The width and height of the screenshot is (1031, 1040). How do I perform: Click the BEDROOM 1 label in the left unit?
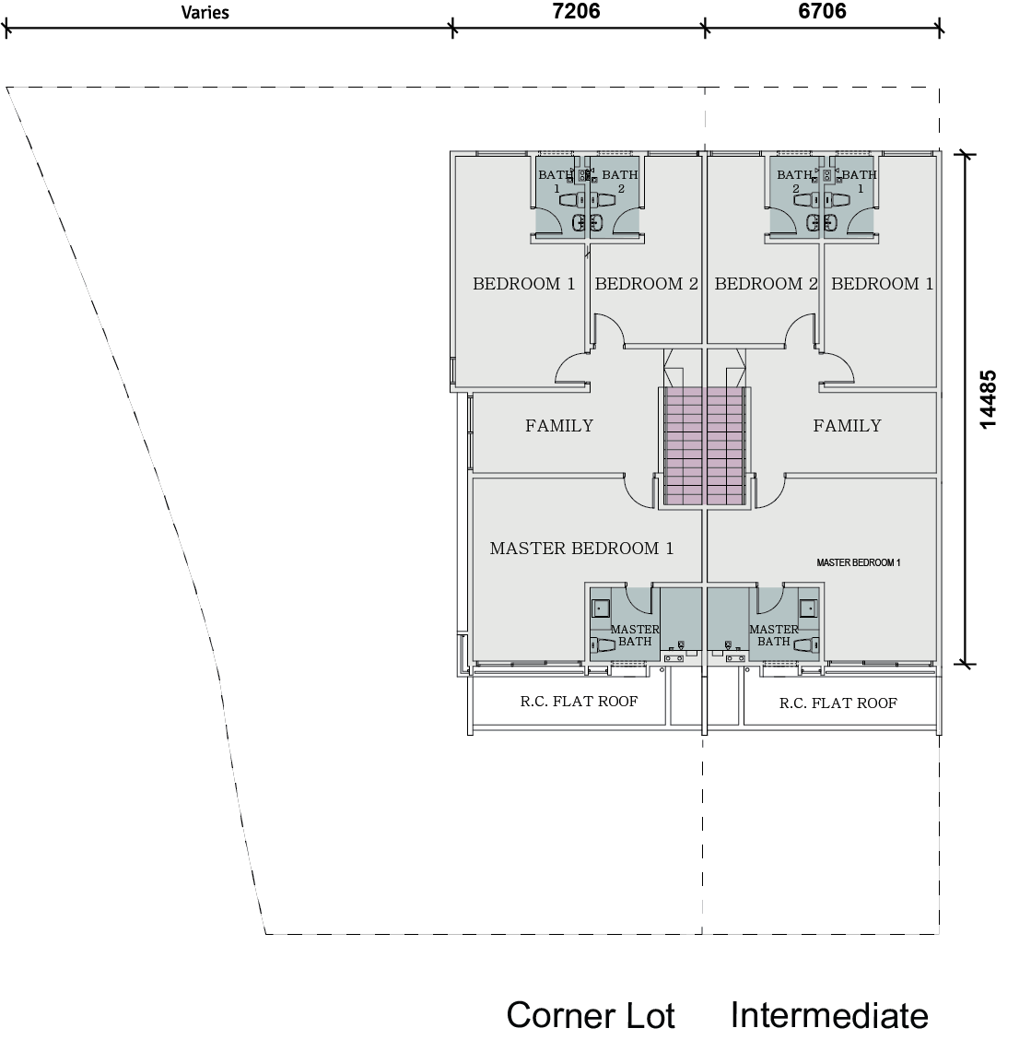click(x=523, y=284)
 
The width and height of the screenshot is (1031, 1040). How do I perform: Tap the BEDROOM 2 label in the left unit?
click(x=646, y=284)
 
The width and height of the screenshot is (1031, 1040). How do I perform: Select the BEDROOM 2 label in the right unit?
click(x=766, y=284)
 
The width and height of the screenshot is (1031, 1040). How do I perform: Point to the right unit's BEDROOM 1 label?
click(x=882, y=284)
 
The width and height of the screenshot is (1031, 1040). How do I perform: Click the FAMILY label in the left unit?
click(x=559, y=426)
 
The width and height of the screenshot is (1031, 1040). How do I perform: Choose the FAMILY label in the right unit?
click(x=847, y=426)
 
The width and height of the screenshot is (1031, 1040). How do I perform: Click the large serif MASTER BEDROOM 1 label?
click(x=581, y=549)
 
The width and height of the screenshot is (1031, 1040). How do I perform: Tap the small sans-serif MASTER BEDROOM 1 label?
click(x=858, y=562)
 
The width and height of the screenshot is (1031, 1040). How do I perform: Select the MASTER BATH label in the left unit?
click(x=635, y=635)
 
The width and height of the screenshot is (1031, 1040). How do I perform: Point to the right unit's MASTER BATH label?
click(x=774, y=635)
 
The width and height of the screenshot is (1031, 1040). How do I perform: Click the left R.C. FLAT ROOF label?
click(x=579, y=702)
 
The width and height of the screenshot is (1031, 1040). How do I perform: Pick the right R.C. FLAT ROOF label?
click(x=838, y=703)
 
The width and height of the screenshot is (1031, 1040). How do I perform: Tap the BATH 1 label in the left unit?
click(x=556, y=181)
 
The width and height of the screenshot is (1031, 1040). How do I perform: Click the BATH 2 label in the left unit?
click(x=620, y=181)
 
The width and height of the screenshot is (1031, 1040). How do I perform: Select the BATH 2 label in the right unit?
click(x=794, y=181)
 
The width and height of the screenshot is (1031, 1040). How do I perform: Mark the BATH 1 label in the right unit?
click(x=859, y=181)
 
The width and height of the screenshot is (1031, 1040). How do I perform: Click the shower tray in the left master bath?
click(x=600, y=608)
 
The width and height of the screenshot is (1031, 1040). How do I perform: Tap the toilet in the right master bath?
click(x=806, y=645)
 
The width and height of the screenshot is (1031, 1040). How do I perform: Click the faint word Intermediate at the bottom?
click(x=829, y=1016)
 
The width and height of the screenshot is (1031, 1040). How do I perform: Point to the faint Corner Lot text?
click(x=591, y=1016)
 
